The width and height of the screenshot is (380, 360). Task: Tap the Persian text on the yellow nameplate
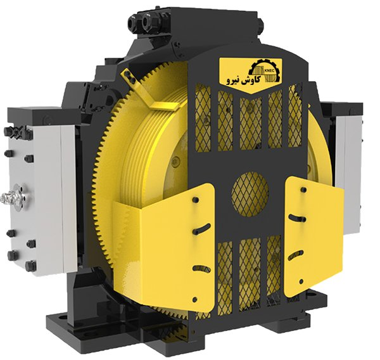(243, 80)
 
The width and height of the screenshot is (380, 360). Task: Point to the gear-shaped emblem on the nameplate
(265, 70)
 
